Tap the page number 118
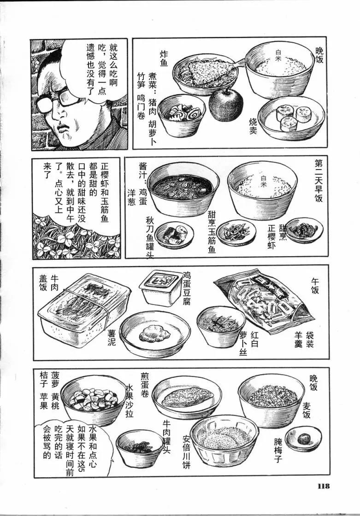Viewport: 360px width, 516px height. pos(324,486)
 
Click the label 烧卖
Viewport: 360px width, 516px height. pos(253,126)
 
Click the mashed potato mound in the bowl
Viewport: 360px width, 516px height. pos(154,333)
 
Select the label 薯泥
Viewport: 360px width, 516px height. pos(112,338)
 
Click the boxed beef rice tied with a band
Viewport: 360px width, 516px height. pos(85,310)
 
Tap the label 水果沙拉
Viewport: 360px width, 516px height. pos(130,401)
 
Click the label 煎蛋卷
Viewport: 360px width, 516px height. pos(145,384)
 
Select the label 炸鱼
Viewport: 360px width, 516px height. pos(164,58)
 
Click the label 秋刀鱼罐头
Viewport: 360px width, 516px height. pos(149,237)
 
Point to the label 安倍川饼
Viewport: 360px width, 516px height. pos(187,452)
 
